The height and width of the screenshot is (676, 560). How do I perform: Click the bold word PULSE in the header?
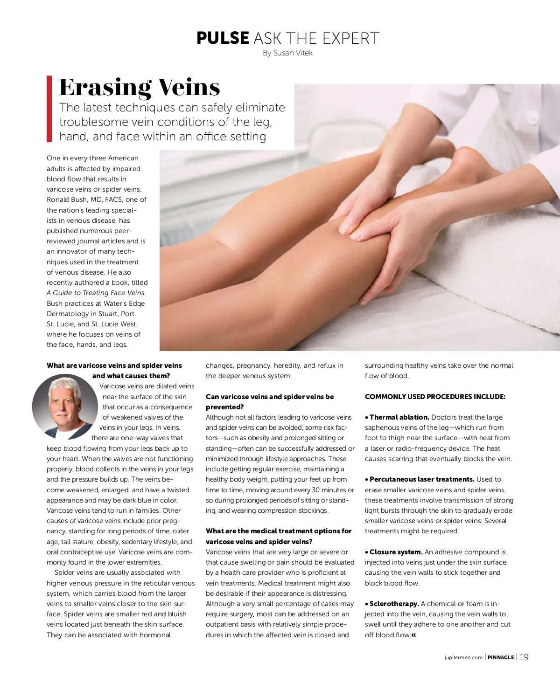[223, 38]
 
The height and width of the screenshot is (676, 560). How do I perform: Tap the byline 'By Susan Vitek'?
[287, 53]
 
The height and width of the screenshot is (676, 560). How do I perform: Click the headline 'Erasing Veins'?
[140, 87]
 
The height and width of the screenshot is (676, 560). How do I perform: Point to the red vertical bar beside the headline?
[49, 109]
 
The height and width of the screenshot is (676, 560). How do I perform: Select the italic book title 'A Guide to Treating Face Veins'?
[96, 293]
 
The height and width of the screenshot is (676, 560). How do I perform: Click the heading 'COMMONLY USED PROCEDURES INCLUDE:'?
[435, 397]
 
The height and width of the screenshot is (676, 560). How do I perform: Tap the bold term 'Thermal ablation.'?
[399, 417]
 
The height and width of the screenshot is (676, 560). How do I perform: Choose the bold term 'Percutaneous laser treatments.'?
[422, 479]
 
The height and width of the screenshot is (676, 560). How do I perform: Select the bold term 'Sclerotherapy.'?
[394, 604]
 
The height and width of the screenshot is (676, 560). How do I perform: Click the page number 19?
[524, 657]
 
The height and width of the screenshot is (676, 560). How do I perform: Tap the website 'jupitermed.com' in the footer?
[463, 658]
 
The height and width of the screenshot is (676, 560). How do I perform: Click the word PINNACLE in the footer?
[501, 658]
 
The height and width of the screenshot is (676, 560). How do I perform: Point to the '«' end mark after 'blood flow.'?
[413, 635]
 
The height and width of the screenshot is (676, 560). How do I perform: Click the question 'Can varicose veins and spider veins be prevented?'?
[270, 402]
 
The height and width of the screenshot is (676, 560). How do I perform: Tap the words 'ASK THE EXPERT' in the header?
[316, 38]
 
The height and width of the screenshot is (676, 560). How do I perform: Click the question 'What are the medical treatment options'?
[279, 531]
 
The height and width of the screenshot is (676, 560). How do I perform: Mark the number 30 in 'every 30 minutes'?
[317, 490]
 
